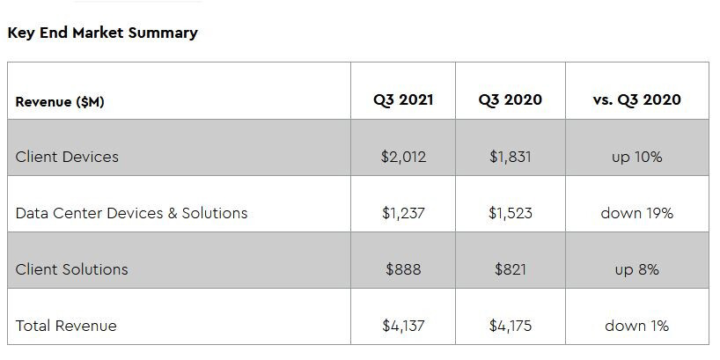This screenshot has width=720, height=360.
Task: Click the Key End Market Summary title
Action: click(102, 33)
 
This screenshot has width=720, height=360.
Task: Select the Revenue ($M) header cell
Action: click(60, 101)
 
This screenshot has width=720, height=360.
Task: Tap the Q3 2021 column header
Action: click(403, 99)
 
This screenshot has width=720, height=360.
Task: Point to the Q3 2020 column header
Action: click(511, 99)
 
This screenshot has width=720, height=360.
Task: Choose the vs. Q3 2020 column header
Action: click(636, 99)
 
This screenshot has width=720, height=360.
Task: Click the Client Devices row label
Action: click(67, 157)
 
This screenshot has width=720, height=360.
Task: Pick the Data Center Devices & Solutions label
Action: click(131, 213)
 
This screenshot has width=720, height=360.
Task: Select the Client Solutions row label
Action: click(71, 269)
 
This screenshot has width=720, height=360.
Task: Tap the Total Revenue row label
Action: click(66, 326)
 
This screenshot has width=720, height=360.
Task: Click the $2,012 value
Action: click(403, 157)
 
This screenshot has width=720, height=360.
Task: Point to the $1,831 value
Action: click(511, 157)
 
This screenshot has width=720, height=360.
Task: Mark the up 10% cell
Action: click(636, 157)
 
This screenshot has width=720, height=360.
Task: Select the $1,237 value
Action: click(403, 213)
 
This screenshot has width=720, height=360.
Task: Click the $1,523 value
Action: click(511, 213)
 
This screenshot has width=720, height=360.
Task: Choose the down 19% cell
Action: click(636, 213)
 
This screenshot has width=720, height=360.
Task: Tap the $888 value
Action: click(403, 269)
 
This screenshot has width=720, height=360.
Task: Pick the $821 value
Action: click(511, 269)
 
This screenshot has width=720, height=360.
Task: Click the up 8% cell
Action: click(636, 269)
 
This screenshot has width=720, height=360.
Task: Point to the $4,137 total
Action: click(403, 326)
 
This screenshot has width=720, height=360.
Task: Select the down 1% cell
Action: click(636, 326)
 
